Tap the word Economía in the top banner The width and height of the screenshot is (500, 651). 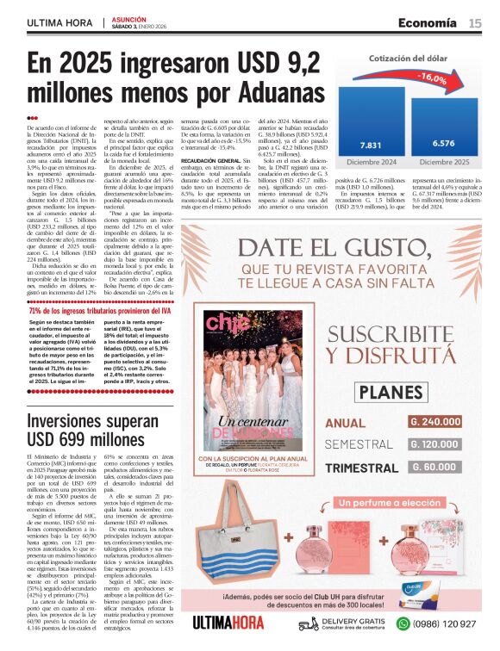[427, 22]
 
